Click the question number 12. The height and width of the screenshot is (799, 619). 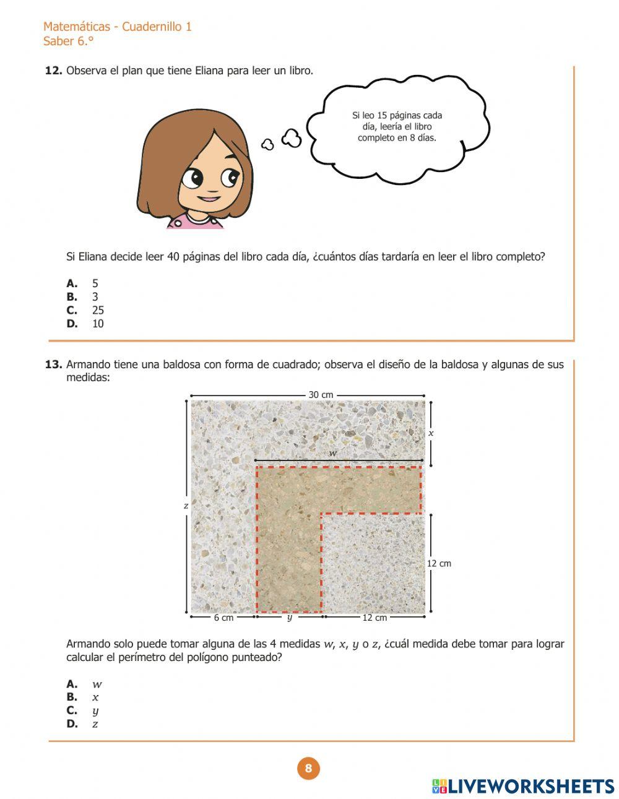[53, 71]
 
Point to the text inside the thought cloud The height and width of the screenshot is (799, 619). [397, 126]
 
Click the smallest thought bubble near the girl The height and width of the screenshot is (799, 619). [267, 145]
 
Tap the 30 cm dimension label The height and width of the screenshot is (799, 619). [321, 395]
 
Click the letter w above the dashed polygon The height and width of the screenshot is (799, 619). [333, 454]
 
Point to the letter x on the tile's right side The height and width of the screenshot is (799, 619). [431, 433]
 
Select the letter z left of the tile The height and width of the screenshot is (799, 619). [186, 506]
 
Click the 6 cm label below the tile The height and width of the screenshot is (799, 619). [223, 618]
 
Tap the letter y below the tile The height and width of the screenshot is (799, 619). [289, 617]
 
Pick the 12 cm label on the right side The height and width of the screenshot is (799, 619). [439, 563]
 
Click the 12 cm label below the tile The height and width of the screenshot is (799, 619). [374, 618]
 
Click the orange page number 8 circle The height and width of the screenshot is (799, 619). [308, 769]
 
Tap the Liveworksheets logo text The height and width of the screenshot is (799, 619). [530, 786]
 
